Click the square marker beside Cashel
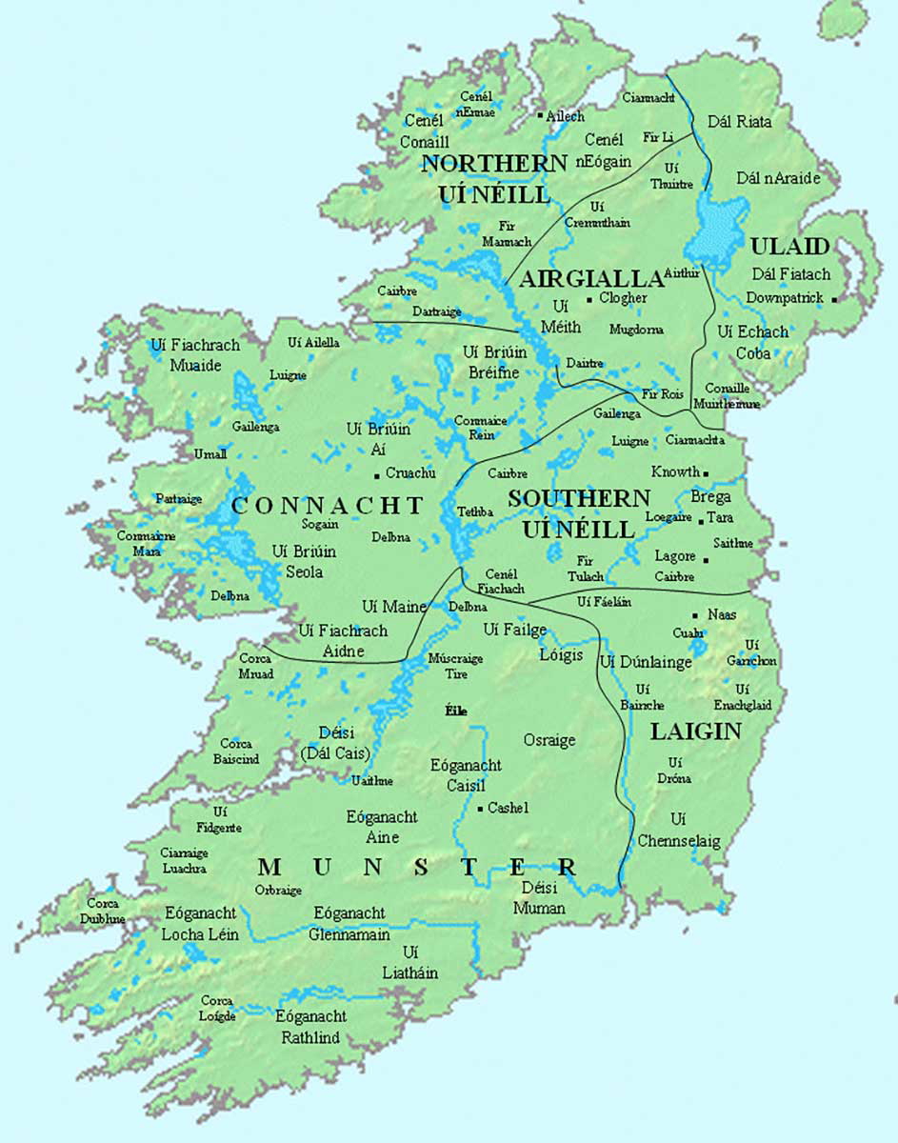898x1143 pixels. click(x=480, y=809)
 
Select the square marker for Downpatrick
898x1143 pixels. click(x=834, y=299)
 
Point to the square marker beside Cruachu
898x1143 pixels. click(x=377, y=474)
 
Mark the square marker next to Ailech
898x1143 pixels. click(x=540, y=116)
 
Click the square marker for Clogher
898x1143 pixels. click(x=590, y=299)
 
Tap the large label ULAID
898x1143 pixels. click(x=789, y=247)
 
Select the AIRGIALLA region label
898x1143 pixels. click(x=590, y=278)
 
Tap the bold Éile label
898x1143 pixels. click(x=456, y=711)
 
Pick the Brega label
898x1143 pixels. click(x=710, y=497)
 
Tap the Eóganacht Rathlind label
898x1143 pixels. click(x=310, y=1027)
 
